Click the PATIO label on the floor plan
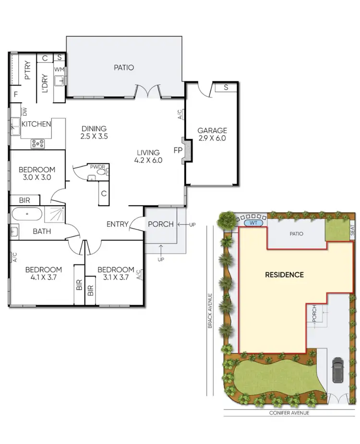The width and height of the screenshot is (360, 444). coord(124,68)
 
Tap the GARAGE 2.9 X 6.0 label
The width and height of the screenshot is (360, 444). coord(212,134)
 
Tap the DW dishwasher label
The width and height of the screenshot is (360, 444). coord(24,112)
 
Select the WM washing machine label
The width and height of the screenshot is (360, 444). coord(59,70)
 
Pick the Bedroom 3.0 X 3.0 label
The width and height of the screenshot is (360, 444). coord(36,173)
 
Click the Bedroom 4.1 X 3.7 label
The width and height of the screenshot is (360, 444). coord(43,273)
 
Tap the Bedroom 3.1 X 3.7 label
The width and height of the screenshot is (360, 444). coord(116,273)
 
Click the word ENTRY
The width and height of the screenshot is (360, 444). coord(117,224)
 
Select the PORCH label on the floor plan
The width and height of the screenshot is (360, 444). coord(161,224)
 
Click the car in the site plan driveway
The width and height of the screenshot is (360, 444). coord(337,369)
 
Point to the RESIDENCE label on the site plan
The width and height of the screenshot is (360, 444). coord(285,275)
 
